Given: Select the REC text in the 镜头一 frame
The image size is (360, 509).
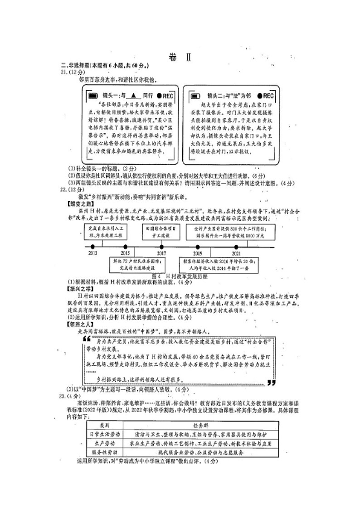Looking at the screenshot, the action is coord(167,96).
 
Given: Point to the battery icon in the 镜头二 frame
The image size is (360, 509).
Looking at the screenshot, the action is coord(196,96).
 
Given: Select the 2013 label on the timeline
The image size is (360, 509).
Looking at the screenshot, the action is coord(93,253).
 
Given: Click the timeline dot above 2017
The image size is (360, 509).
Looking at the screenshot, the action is coord(162,246).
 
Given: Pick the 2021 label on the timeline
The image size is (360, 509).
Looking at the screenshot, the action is coord(236,253).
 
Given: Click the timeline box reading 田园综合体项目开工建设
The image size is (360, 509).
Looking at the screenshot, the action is coord(161,232).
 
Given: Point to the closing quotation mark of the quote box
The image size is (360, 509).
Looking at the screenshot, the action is coord(271,382).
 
